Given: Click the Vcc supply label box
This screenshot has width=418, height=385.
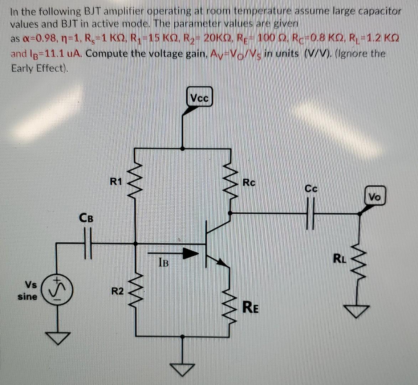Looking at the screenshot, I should tap(200, 97).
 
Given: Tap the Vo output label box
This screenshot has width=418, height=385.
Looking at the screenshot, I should tap(375, 196).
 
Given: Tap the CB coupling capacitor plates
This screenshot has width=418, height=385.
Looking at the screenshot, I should tap(88, 243).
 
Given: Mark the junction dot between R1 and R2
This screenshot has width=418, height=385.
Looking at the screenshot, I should tap(135, 243).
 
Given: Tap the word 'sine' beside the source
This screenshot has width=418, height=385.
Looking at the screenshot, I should tap(28, 297).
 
